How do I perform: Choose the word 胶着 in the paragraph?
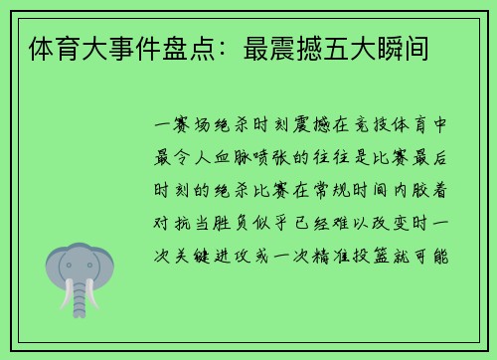pos(423,191)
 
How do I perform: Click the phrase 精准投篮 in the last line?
pos(370,255)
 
